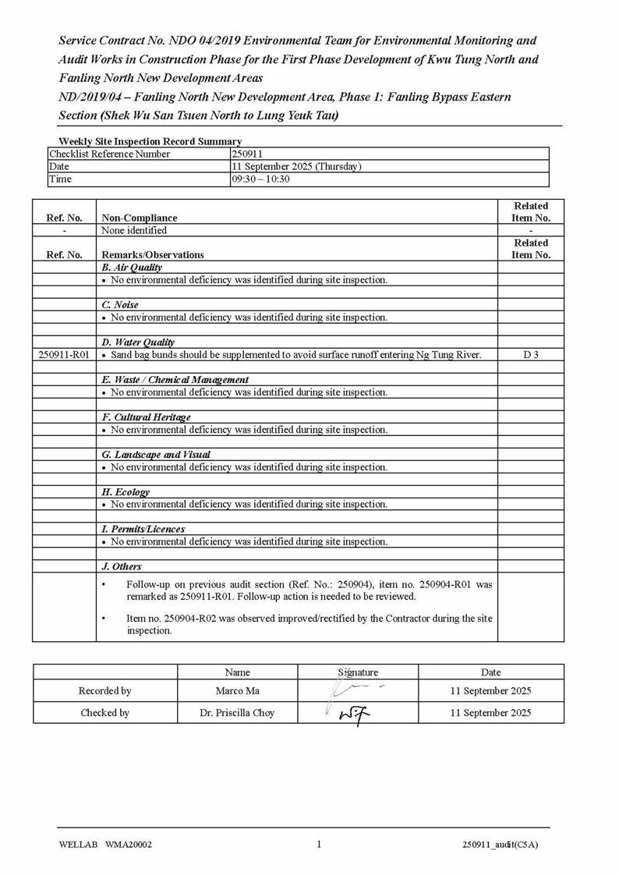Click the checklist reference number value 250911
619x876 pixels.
(x=247, y=154)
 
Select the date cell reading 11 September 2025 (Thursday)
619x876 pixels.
(x=296, y=166)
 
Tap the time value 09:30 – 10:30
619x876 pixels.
(x=260, y=179)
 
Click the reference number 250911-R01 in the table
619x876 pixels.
(x=64, y=355)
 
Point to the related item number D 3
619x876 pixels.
(x=530, y=355)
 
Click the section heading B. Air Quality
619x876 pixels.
(x=132, y=268)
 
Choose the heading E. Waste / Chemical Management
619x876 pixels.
(x=175, y=380)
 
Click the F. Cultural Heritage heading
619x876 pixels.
(x=146, y=417)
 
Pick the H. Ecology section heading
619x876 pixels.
(x=126, y=492)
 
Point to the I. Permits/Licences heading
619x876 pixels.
(x=143, y=529)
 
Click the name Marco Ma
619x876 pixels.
(x=237, y=690)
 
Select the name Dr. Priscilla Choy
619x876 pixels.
(x=237, y=712)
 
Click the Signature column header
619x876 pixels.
(x=358, y=672)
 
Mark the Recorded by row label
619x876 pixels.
(x=104, y=690)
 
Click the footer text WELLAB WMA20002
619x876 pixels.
(x=105, y=845)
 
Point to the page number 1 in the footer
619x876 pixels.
(x=319, y=844)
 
